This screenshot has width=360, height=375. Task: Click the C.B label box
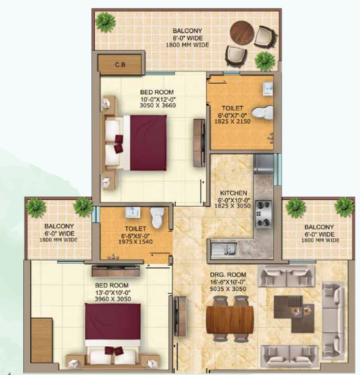120,65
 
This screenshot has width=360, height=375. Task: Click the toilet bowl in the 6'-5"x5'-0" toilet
158,218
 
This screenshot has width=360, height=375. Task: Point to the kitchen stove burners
263,218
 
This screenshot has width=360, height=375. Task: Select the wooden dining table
229,319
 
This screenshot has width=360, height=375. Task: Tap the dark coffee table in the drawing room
292,308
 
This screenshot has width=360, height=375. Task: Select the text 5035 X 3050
229,290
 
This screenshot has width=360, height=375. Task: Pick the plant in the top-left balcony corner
104,22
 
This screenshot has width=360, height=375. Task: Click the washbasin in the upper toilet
267,87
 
